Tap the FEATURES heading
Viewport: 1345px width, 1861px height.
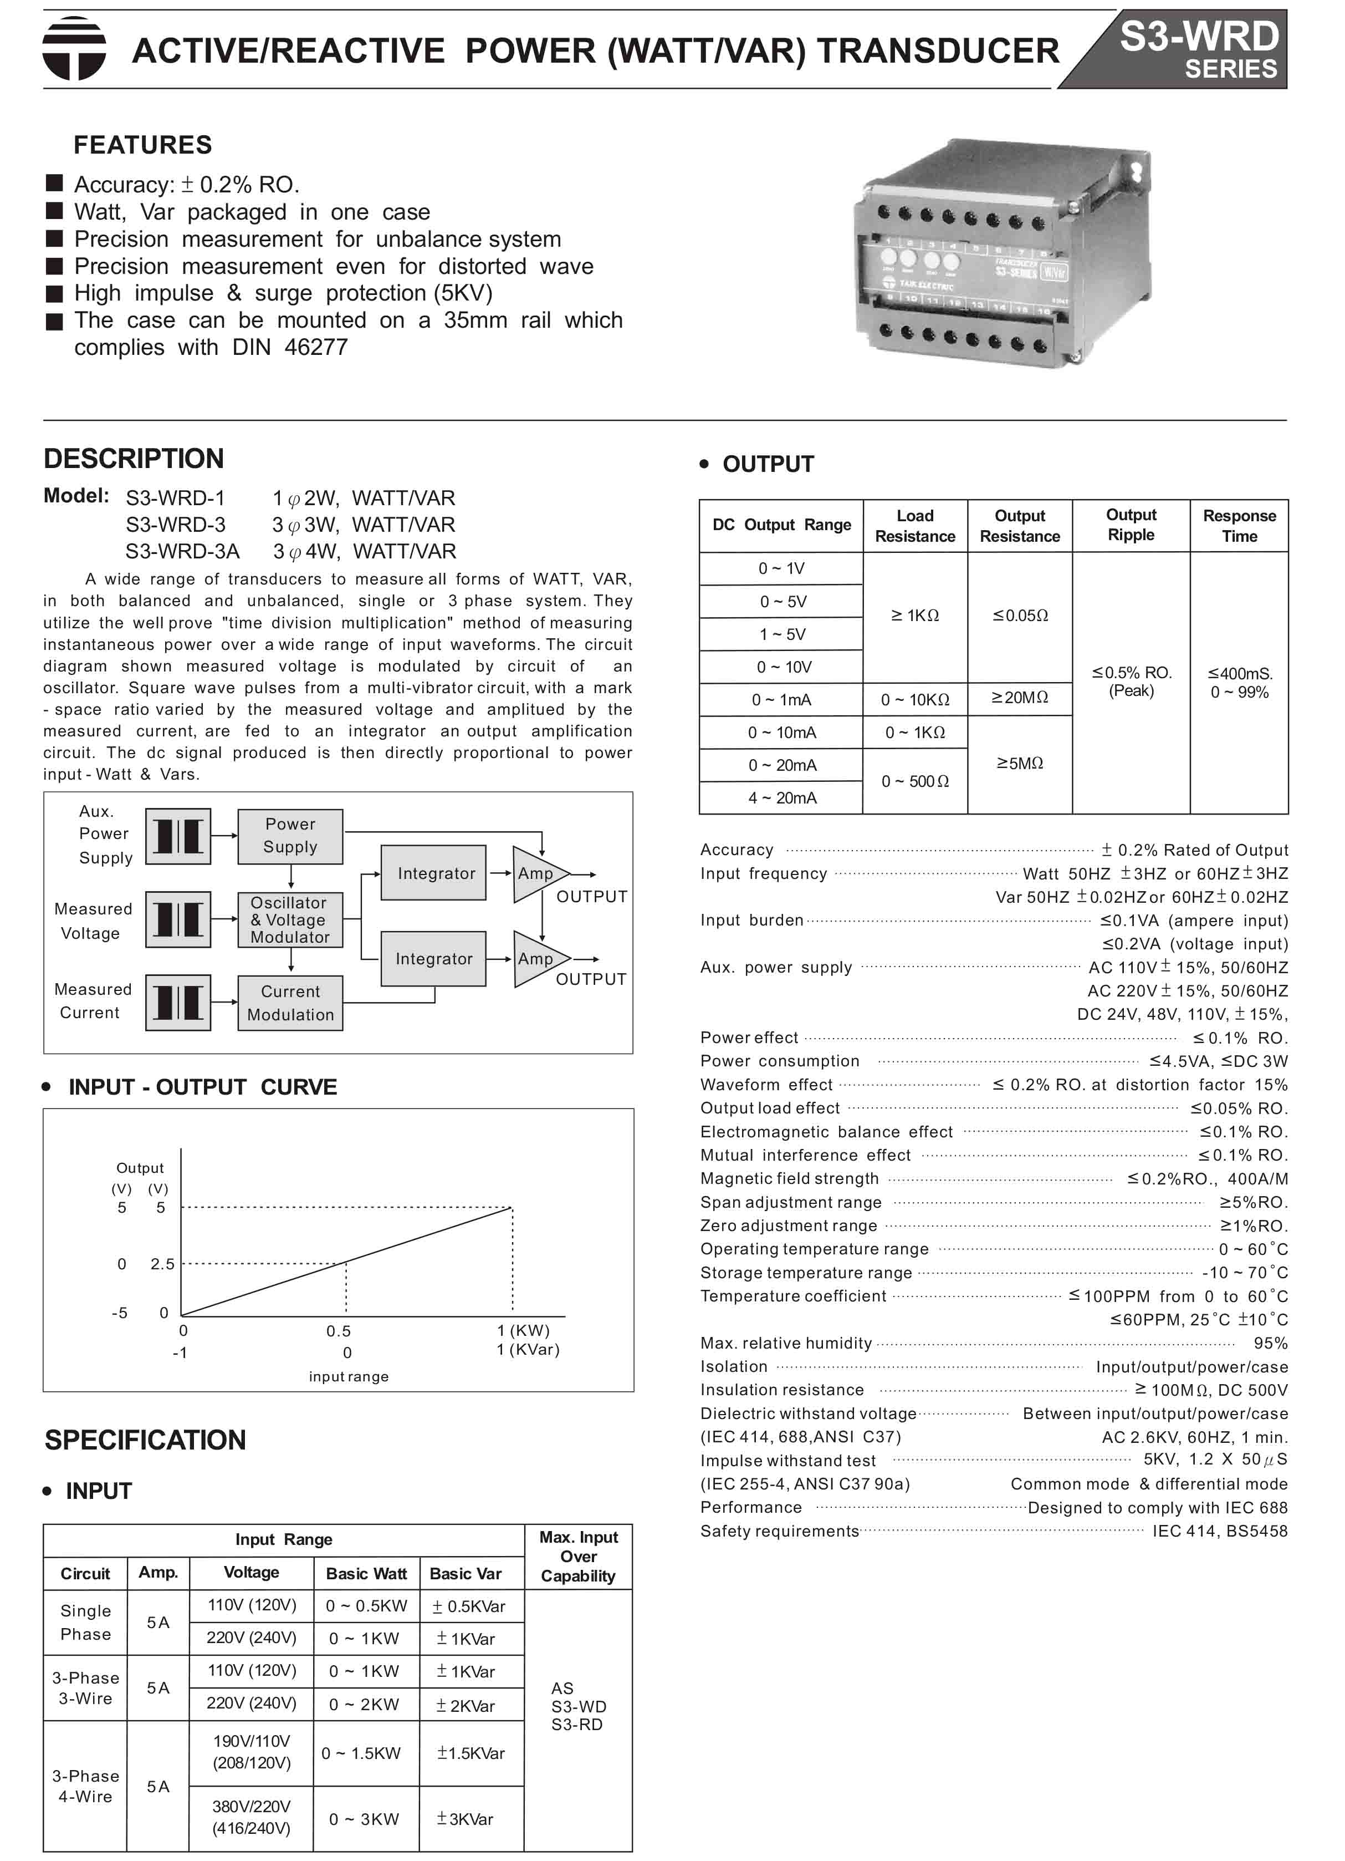click(x=142, y=145)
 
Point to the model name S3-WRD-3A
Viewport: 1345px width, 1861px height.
click(x=182, y=551)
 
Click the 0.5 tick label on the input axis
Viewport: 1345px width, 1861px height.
click(x=338, y=1331)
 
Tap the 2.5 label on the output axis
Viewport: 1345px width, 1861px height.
click(x=162, y=1264)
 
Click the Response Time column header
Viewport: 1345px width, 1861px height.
click(x=1239, y=525)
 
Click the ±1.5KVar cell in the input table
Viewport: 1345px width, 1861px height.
click(x=471, y=1753)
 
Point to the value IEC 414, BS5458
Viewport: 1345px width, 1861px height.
click(x=1220, y=1531)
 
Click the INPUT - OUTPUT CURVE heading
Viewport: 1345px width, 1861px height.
click(x=203, y=1087)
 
